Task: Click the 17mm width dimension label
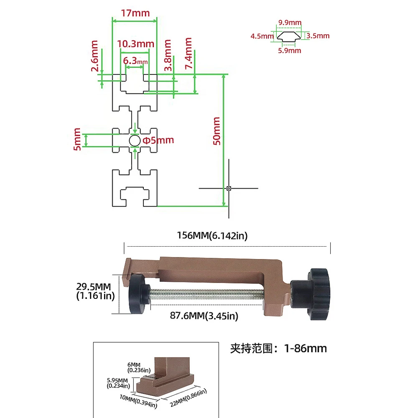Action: (135, 13)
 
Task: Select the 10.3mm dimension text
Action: (134, 43)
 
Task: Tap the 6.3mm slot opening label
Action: (135, 61)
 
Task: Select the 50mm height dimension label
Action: (217, 131)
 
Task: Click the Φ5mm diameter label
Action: (158, 140)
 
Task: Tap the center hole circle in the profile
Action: (135, 141)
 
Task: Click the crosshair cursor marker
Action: (229, 188)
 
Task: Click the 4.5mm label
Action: (262, 36)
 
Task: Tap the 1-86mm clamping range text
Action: (278, 348)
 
